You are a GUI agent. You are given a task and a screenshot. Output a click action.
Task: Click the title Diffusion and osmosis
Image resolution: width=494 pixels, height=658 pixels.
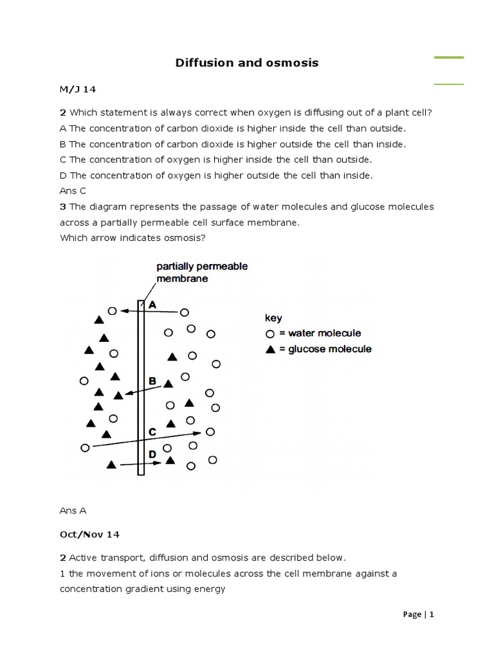coord(247,63)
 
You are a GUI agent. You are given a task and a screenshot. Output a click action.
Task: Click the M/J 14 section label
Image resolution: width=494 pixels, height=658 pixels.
coord(78,88)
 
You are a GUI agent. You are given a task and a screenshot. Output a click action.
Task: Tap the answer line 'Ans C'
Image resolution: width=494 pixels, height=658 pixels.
coord(73,191)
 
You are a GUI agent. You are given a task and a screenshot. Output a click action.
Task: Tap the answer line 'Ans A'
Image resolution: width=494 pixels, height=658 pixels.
coord(73,511)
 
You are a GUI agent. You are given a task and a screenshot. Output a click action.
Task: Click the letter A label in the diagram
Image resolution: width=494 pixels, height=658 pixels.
coord(152,306)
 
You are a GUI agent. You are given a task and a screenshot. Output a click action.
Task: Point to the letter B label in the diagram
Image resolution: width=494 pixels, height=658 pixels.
coord(152,381)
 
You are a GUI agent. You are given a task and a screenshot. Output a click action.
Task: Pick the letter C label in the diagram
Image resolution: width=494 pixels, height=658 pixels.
coord(152,432)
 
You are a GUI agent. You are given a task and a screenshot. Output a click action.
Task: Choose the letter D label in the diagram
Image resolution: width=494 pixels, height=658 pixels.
coord(152,454)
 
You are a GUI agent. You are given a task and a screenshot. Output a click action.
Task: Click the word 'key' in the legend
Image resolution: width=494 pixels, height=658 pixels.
coord(273,318)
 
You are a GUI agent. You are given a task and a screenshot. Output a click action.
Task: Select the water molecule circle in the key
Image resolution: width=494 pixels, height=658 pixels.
coord(270,333)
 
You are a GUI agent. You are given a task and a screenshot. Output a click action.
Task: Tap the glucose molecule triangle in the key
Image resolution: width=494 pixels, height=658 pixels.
coord(270,350)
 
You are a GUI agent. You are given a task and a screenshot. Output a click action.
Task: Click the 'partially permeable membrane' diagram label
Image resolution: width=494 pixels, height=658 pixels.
coord(201,272)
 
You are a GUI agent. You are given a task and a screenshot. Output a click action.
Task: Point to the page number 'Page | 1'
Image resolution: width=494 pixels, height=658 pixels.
coord(419,614)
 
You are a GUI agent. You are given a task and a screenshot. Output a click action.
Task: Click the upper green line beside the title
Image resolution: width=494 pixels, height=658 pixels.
coord(449,58)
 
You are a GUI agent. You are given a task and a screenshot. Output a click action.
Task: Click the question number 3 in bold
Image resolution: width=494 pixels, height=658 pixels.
coord(63,207)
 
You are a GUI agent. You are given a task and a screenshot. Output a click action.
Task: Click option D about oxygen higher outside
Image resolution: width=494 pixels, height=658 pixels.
coord(216,175)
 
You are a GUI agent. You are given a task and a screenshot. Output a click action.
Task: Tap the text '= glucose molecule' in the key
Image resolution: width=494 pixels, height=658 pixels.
coord(325,350)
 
